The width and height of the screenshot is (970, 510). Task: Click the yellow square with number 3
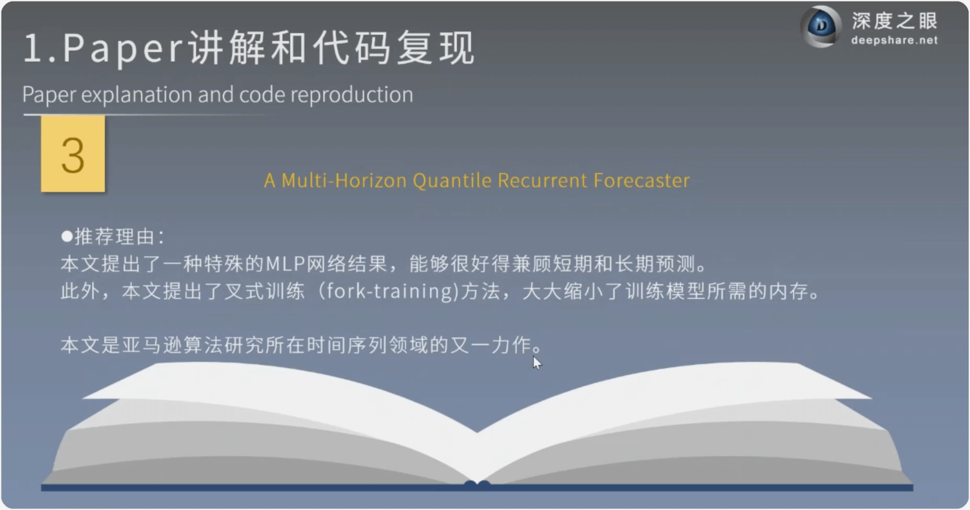pos(73,154)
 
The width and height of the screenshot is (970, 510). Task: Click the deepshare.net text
pos(894,40)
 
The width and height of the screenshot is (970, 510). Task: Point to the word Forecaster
pos(642,180)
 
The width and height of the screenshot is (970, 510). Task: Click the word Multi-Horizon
pos(344,180)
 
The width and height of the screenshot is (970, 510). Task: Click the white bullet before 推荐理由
pos(67,236)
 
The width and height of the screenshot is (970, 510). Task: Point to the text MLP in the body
pos(286,264)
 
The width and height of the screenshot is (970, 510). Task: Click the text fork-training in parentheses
pos(390,291)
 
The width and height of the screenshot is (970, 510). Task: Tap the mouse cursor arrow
pos(537,363)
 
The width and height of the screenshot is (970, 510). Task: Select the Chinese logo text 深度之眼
pos(895,20)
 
